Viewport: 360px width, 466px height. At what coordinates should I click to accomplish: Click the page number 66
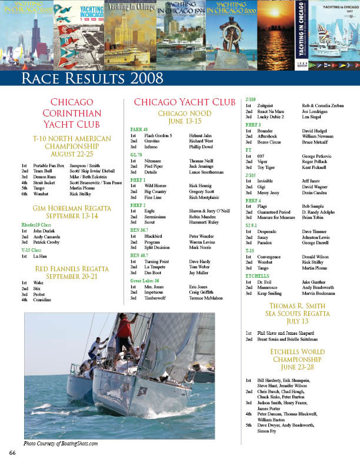pyautogui.click(x=12, y=452)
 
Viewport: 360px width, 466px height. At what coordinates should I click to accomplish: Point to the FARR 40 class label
pyautogui.click(x=139, y=129)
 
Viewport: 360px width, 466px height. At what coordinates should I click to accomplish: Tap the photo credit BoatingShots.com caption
pyautogui.click(x=61, y=443)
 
